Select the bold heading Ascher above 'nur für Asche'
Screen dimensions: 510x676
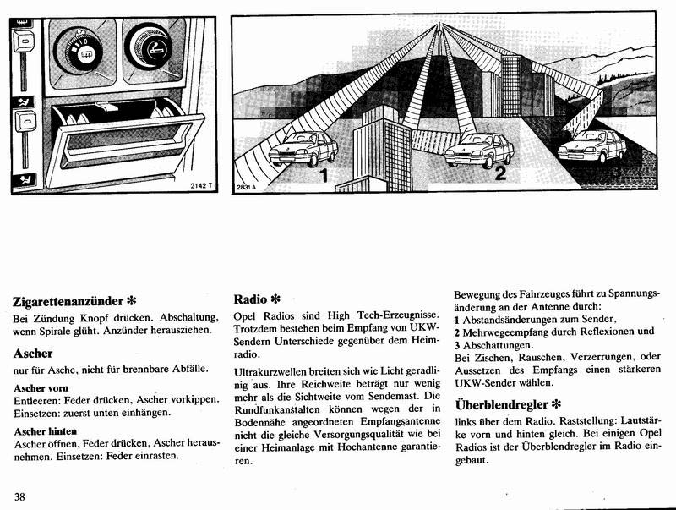pos(34,353)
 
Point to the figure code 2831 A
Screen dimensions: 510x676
pos(245,187)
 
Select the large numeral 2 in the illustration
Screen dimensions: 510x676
pos(500,175)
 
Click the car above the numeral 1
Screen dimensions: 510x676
pos(303,149)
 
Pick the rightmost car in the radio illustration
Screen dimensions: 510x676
pos(597,145)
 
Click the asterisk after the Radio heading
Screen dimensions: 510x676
pos(275,299)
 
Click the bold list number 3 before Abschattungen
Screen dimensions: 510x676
pos(457,345)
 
